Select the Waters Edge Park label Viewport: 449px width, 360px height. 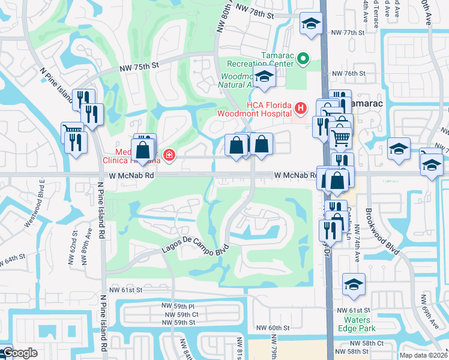click(357, 324)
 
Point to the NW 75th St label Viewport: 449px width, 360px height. click(139, 67)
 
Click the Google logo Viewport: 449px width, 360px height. click(19, 353)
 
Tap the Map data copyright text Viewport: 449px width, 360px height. click(427, 353)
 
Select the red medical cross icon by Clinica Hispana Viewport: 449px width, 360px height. click(169, 155)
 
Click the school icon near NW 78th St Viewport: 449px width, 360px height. click(311, 23)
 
